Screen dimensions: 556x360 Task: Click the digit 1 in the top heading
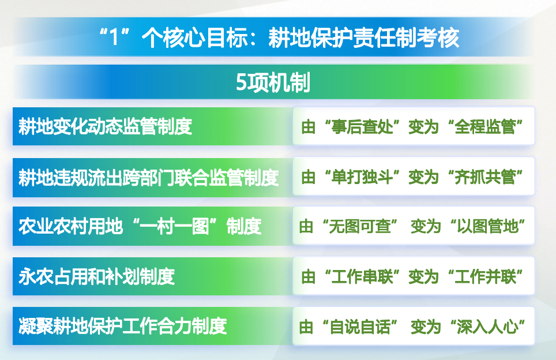point(114,37)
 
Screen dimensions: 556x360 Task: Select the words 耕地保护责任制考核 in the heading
point(364,37)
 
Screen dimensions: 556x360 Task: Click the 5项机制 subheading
point(273,82)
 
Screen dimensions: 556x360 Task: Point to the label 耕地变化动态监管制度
point(106,126)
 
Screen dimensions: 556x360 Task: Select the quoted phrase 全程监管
point(485,126)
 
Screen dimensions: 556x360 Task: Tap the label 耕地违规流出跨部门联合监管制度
point(149,177)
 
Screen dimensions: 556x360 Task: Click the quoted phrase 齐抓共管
point(485,177)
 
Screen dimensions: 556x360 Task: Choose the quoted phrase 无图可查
point(360,226)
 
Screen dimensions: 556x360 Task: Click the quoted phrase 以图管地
point(487,226)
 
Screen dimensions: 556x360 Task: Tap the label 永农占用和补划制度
point(97,277)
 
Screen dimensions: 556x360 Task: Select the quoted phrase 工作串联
point(362,277)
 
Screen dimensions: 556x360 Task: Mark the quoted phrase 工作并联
point(485,277)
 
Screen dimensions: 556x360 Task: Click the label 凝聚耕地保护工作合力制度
point(123,327)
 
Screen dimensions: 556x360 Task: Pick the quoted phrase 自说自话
point(360,327)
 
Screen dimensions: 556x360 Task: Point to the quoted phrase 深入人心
point(487,327)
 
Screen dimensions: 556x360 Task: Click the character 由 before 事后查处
point(308,126)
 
